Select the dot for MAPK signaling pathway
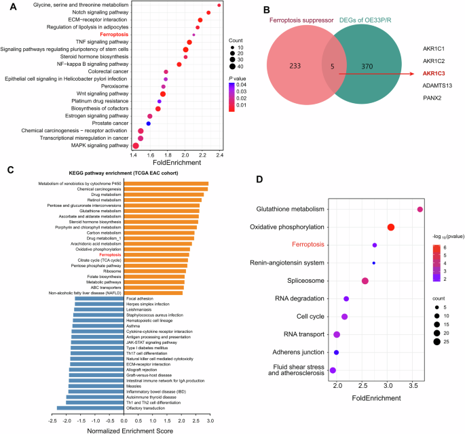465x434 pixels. click(x=136, y=146)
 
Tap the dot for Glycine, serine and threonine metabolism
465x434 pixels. click(x=219, y=5)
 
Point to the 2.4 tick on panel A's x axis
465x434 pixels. click(x=219, y=156)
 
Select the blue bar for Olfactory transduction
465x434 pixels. click(x=90, y=408)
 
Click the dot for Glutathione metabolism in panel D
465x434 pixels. click(x=420, y=210)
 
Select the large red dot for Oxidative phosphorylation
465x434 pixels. click(x=391, y=227)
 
